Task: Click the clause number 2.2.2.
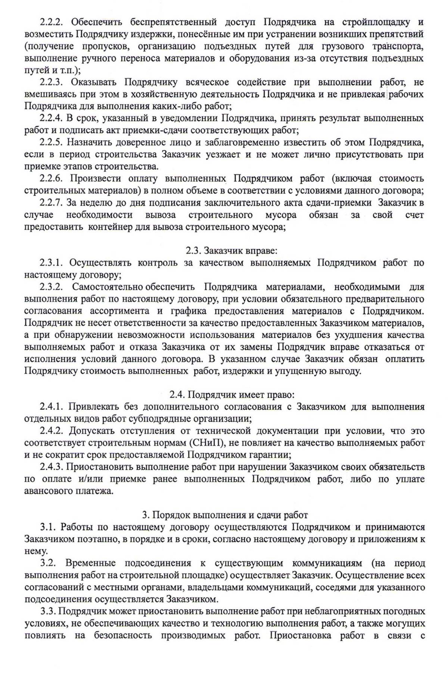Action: [50, 22]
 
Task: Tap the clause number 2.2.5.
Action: [50, 142]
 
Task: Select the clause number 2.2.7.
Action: [50, 203]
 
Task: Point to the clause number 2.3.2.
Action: [50, 287]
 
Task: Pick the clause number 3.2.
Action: [47, 563]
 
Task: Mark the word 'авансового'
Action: [49, 491]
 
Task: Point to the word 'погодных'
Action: [404, 612]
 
